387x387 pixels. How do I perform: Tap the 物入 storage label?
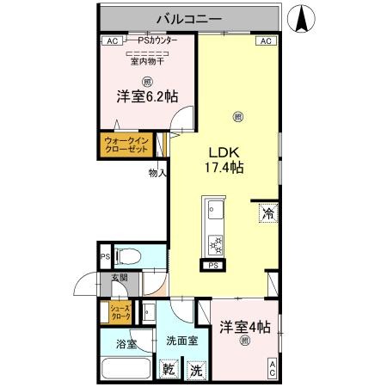(157, 172)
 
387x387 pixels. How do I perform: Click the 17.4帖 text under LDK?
(223, 167)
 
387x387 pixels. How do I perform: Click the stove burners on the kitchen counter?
(215, 246)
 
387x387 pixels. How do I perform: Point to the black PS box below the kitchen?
(212, 267)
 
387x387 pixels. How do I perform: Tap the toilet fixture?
(126, 256)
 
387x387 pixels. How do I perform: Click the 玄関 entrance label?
(118, 278)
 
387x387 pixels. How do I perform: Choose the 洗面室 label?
(181, 340)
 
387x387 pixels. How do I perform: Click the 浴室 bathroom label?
(126, 344)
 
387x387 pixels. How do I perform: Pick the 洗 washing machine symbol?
(197, 371)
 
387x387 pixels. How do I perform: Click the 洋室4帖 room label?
(244, 328)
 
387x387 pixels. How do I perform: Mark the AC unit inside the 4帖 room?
(272, 367)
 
